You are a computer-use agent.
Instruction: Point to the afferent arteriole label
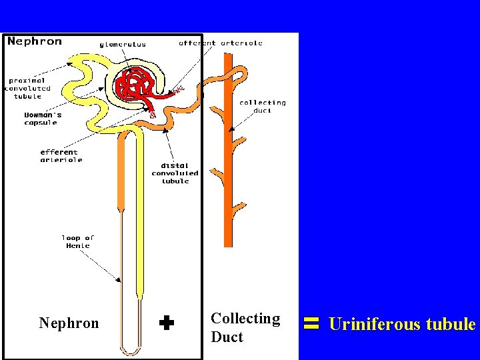tap(221, 43)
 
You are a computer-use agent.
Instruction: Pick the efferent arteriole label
tap(59, 156)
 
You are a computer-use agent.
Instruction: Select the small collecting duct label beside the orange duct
tap(262, 106)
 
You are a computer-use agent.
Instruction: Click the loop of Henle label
tap(78, 241)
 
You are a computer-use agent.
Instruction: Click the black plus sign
tap(167, 324)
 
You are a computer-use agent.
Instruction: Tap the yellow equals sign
tap(310, 325)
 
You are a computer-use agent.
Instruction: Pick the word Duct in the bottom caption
tap(227, 337)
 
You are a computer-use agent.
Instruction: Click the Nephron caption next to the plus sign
tap(69, 324)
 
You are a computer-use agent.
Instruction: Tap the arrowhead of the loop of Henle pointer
tap(121, 280)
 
